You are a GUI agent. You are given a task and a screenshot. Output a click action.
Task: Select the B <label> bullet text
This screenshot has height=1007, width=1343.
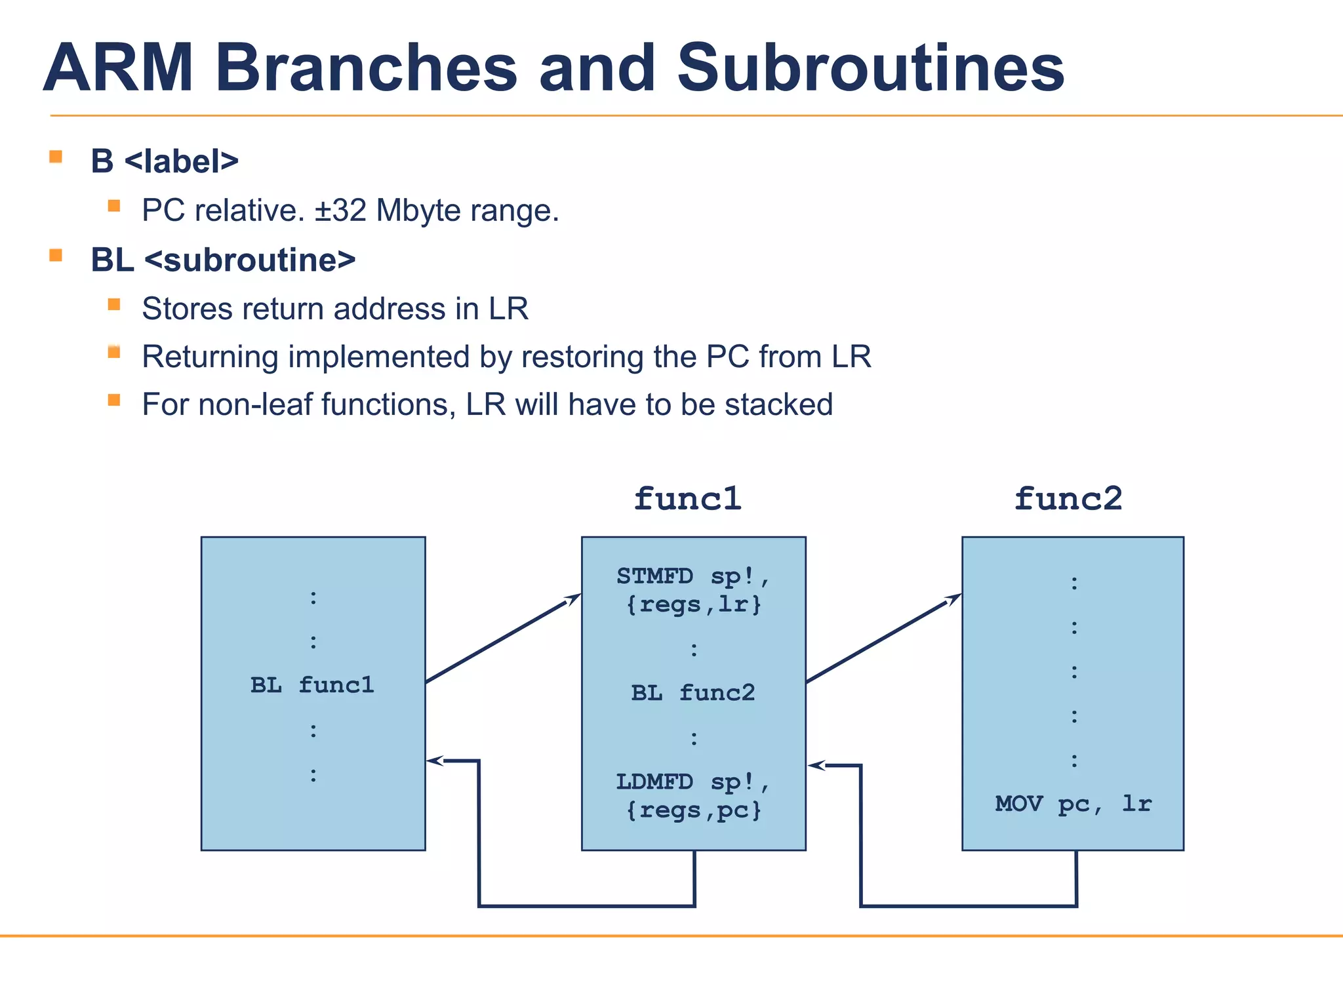165,161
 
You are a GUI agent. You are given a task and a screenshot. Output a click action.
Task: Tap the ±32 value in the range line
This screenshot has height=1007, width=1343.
340,211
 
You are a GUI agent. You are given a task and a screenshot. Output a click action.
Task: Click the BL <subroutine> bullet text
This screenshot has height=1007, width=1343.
223,260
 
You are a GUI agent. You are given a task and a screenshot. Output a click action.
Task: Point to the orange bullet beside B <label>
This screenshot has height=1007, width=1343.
56,157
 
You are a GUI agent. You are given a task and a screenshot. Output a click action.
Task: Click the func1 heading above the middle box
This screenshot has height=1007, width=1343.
687,500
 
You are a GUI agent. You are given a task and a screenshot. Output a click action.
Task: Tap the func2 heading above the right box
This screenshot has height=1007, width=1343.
1068,500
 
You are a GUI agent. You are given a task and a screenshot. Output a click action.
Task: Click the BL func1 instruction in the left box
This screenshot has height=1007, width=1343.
312,686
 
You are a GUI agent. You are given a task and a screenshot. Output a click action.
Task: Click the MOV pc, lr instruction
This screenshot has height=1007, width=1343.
1073,804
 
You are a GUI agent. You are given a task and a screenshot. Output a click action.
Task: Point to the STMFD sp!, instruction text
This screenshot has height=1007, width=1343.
693,577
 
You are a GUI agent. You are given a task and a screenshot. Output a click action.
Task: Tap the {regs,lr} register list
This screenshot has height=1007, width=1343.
693,604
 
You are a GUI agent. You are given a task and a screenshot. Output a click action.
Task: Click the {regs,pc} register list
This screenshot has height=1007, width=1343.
693,811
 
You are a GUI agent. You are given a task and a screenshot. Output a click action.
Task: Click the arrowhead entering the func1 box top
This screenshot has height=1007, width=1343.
574,598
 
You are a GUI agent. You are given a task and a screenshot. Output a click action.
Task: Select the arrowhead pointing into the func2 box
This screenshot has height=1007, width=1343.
954,598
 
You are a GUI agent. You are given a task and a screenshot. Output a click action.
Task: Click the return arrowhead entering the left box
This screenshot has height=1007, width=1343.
435,760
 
